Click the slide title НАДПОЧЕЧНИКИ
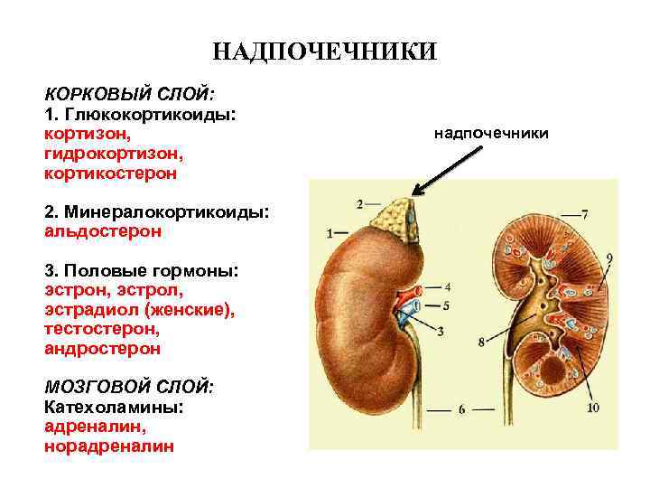(x=325, y=51)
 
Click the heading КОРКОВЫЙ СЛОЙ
(x=129, y=95)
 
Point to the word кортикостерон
(x=110, y=172)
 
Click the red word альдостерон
(x=103, y=230)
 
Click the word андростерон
(x=102, y=348)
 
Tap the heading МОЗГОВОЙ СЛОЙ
(x=129, y=388)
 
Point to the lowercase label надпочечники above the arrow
(x=490, y=134)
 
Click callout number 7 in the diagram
(x=584, y=214)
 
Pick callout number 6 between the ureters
(x=460, y=409)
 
